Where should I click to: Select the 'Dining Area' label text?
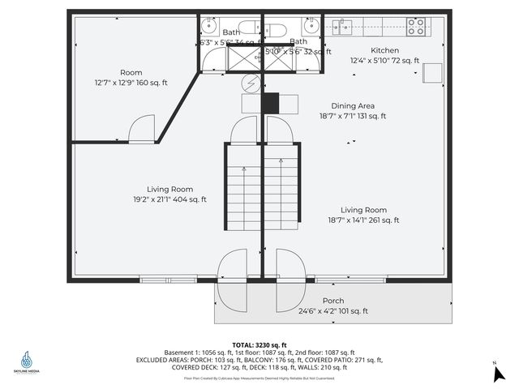[x=352, y=105]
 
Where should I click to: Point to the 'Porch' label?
[x=333, y=301]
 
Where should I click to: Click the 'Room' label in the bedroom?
[x=131, y=72]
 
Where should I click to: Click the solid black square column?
[x=269, y=103]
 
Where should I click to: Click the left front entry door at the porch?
[x=234, y=279]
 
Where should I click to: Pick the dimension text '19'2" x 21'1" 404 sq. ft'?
[x=170, y=199]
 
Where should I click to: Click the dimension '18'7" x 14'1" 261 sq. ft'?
[x=363, y=220]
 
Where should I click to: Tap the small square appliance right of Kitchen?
[x=432, y=75]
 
